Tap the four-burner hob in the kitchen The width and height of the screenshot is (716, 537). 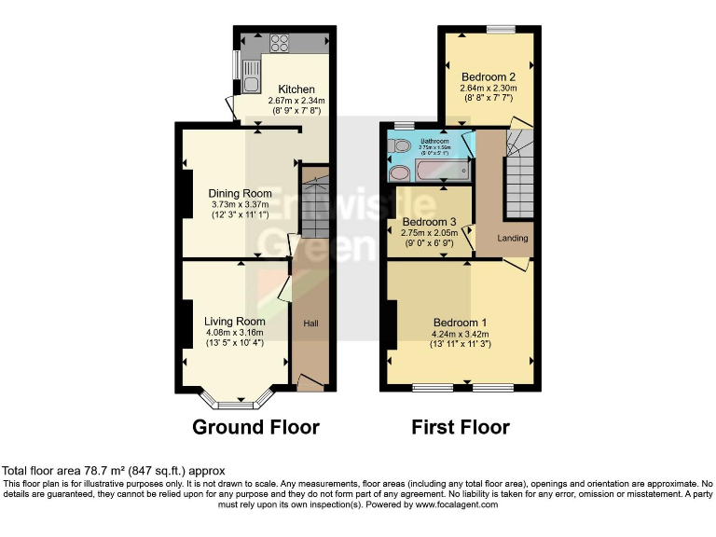(x=280, y=42)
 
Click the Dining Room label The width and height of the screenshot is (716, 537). (x=240, y=194)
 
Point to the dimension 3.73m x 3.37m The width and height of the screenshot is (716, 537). (x=240, y=205)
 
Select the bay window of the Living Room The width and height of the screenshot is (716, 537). (x=236, y=402)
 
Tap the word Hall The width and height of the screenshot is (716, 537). (x=311, y=324)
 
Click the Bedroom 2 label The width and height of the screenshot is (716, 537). (x=488, y=76)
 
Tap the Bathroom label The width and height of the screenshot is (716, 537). (x=434, y=141)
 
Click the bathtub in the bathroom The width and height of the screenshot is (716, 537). (x=442, y=172)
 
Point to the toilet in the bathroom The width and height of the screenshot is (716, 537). (x=400, y=146)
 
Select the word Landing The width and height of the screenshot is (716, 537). (x=512, y=239)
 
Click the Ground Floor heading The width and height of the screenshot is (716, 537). (x=255, y=428)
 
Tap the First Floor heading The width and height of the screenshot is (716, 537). (x=461, y=428)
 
